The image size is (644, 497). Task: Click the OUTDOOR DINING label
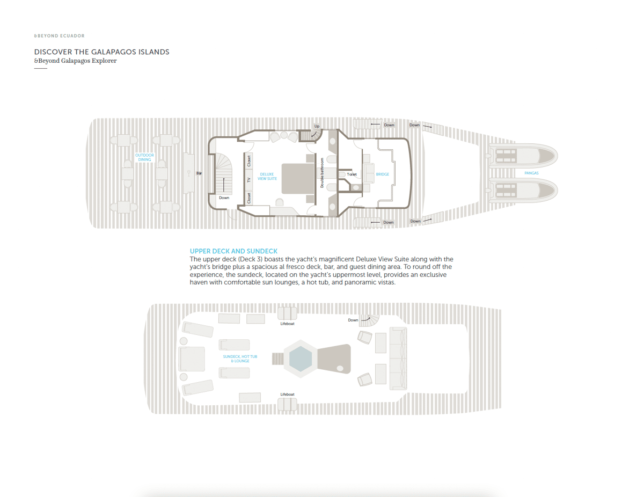tap(144, 157)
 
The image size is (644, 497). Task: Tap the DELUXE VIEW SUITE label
tap(267, 177)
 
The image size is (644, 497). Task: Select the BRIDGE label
tap(382, 174)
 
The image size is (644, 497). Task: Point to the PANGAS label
tap(531, 173)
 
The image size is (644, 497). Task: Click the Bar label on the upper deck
tap(199, 173)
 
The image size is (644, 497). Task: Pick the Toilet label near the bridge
tap(352, 174)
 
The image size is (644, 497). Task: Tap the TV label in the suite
tap(249, 180)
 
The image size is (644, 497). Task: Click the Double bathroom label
tap(322, 173)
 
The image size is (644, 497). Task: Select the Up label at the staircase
tap(317, 126)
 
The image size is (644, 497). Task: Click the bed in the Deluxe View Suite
tap(297, 179)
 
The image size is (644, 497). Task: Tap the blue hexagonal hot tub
tap(301, 359)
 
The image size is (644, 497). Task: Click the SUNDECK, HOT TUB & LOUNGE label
tap(240, 359)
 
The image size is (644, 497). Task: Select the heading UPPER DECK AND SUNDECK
tap(233, 251)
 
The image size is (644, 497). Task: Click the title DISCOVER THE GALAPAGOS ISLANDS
tap(101, 52)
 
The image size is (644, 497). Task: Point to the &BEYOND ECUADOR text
tap(59, 36)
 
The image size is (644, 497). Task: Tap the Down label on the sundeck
tap(353, 320)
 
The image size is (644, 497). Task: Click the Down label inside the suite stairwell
tap(224, 198)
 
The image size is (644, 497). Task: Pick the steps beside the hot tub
tap(278, 359)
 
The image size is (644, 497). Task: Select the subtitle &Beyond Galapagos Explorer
tap(75, 61)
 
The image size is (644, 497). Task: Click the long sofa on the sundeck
tap(398, 359)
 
